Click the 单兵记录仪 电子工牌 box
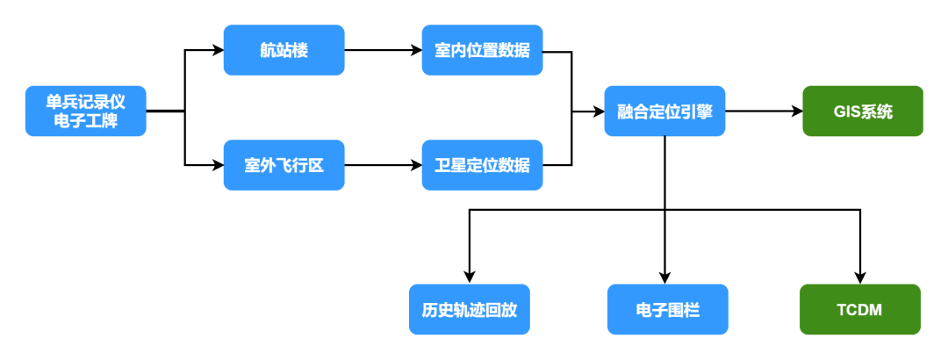point(85,112)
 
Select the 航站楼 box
point(284,50)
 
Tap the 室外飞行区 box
point(284,164)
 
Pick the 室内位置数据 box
point(482,50)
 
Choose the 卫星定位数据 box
point(482,164)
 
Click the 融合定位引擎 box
point(664,112)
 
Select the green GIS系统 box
point(863,112)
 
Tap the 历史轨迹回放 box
point(470,309)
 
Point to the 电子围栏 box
point(667,309)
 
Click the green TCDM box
point(859,309)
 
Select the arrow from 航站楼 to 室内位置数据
point(383,50)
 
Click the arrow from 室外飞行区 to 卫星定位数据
point(383,164)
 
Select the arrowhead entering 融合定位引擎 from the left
point(599,112)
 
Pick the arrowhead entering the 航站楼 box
point(218,50)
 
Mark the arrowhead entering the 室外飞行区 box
point(218,164)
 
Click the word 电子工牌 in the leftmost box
point(85,121)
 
